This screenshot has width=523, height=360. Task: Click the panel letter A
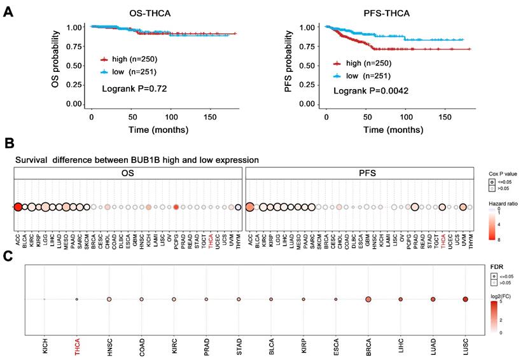tap(9, 11)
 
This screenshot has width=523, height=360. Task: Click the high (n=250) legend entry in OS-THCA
tap(130, 59)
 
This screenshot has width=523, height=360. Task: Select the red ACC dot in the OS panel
tap(18, 206)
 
